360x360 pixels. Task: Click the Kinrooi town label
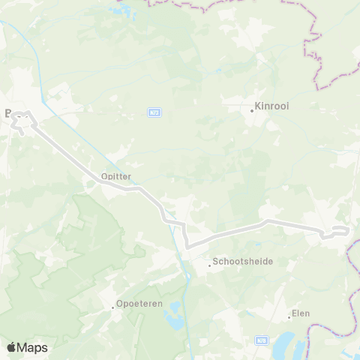[x=273, y=106]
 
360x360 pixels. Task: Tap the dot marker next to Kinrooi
[x=252, y=110]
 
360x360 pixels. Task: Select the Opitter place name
[x=115, y=176]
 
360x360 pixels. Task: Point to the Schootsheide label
[x=243, y=262]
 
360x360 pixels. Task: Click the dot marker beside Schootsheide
[x=210, y=265]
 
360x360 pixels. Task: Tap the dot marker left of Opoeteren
[x=112, y=307]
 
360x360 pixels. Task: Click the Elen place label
[x=301, y=313]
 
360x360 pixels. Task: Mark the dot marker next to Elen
[x=289, y=317]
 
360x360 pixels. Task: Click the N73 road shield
[x=154, y=112]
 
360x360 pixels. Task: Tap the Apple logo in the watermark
[x=10, y=347]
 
